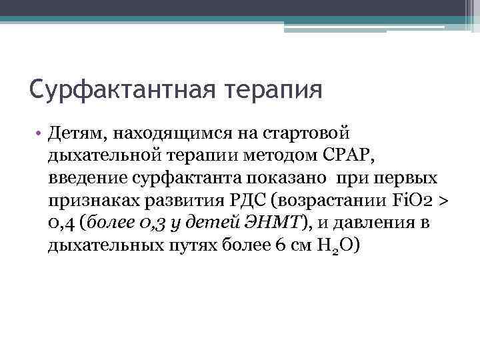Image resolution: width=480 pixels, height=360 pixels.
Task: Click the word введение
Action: tap(79, 179)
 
